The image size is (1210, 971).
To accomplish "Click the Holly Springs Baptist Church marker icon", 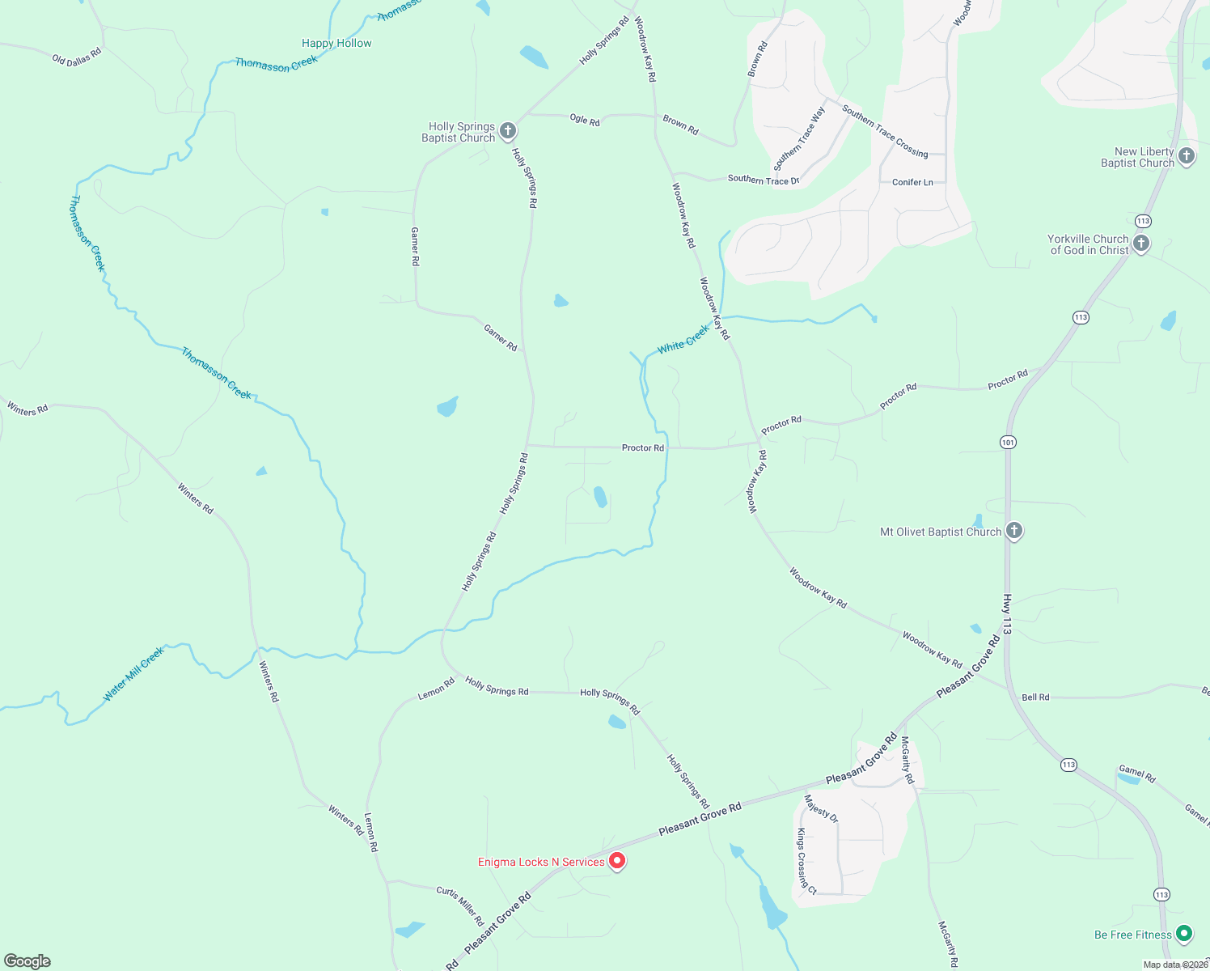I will tap(508, 130).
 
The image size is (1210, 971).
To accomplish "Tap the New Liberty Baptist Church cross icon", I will tap(1187, 156).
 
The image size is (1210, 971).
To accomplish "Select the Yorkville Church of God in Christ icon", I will tap(1141, 244).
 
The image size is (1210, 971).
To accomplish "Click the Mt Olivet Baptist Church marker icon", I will tap(1014, 531).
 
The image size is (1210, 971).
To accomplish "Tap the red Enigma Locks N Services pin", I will tap(617, 862).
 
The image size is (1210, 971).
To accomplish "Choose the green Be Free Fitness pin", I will tap(1184, 935).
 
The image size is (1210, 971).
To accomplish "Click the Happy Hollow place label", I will tap(336, 43).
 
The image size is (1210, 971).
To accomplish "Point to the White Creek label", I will tap(683, 338).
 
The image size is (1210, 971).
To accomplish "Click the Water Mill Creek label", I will tap(133, 673).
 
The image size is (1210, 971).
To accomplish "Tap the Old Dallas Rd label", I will tap(77, 57).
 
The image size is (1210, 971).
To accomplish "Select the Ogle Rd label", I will tap(585, 120).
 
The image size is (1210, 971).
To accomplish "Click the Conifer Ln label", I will tap(912, 182).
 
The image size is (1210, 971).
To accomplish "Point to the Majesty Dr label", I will tap(821, 808).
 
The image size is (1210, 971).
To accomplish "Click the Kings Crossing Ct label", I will tap(806, 861).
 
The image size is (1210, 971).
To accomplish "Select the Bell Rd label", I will tap(1035, 697).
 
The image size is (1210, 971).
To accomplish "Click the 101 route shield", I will tap(1008, 443).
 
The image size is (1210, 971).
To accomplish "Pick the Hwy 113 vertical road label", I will tap(1007, 615).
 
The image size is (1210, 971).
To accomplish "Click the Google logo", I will tap(27, 961).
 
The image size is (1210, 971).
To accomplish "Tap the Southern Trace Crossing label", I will tap(885, 130).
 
